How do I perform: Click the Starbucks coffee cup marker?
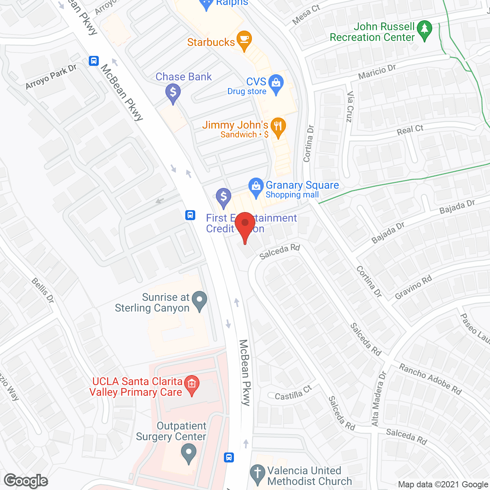tap(244, 40)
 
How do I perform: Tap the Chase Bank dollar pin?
tap(173, 93)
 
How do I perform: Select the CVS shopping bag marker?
tap(276, 83)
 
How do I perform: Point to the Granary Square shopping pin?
tap(256, 187)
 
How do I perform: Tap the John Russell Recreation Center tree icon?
tap(424, 30)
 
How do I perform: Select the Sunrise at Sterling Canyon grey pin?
tap(199, 300)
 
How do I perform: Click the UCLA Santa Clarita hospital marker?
tap(192, 384)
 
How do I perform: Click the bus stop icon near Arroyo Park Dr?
tap(94, 61)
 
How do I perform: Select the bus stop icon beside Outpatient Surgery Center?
tap(229, 457)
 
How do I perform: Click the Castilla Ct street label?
tap(293, 393)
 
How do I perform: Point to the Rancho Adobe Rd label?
tap(430, 379)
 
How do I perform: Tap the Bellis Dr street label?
tap(42, 291)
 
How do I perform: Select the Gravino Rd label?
tap(413, 287)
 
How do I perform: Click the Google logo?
tap(26, 481)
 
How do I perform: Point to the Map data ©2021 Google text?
tap(443, 485)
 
